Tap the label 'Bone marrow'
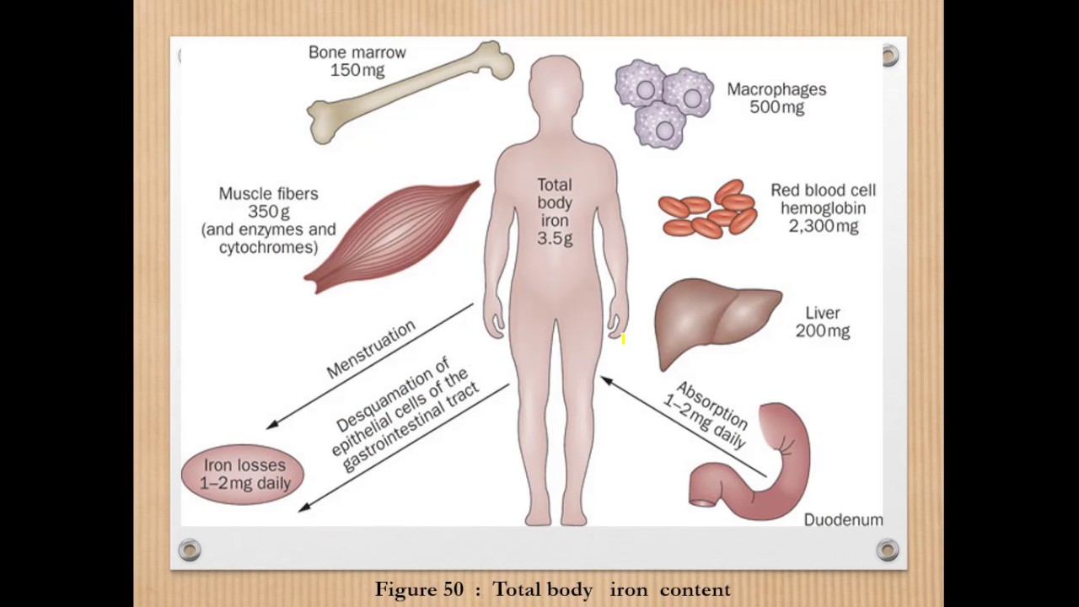pos(357,52)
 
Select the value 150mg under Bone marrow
pos(357,71)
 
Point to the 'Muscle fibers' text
pos(268,194)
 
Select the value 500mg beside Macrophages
pos(776,108)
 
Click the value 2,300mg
pos(823,227)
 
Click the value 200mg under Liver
pos(823,331)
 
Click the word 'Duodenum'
pos(843,520)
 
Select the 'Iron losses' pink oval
pos(243,474)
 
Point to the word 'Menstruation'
pos(371,348)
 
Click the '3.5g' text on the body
pos(555,239)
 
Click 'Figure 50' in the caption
pos(419,589)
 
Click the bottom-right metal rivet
pos(887,551)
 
